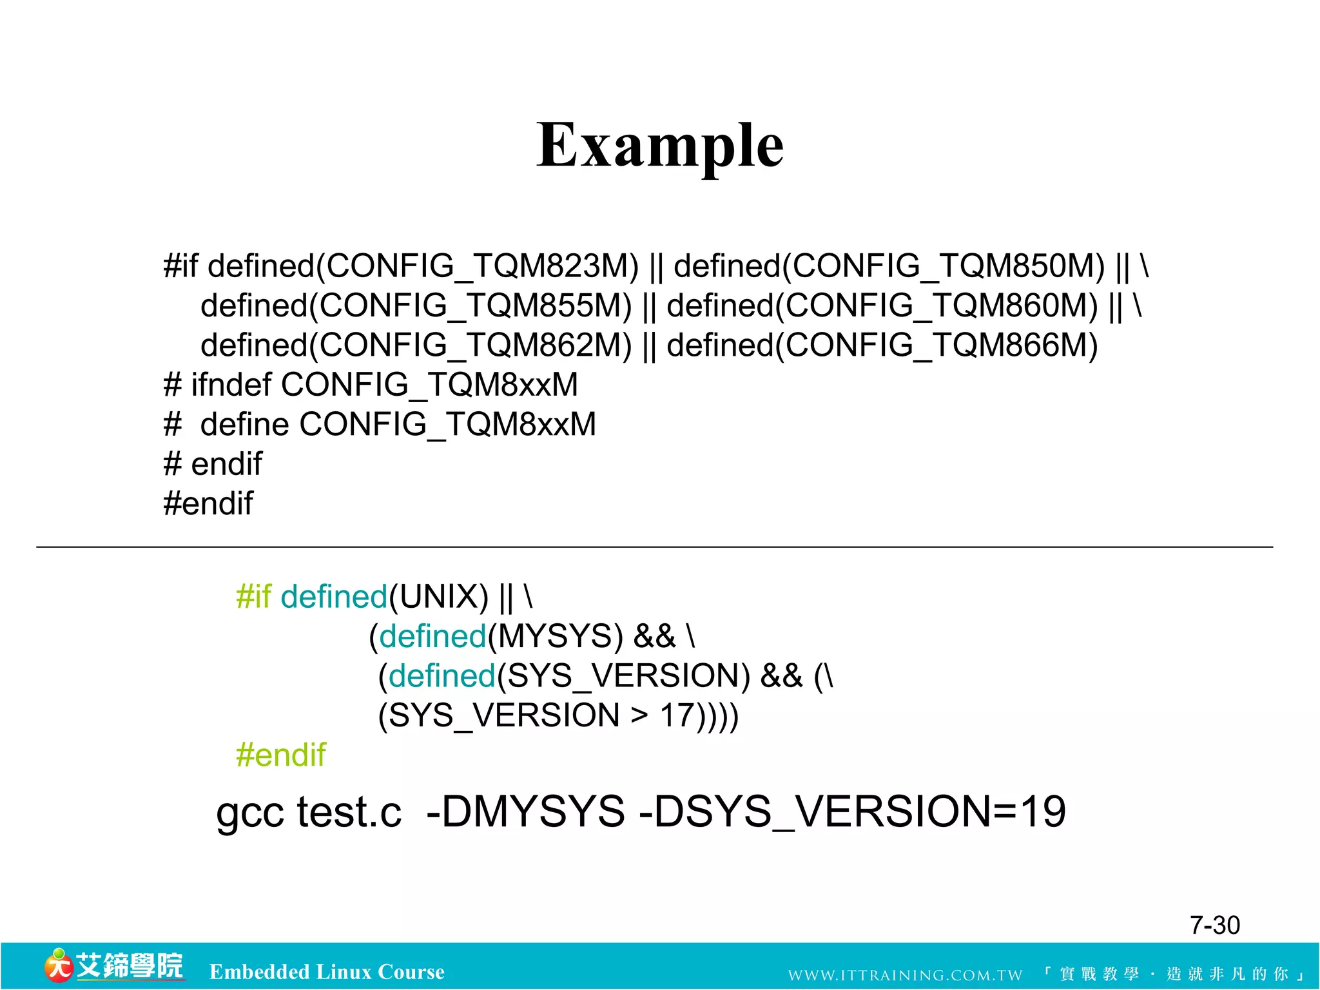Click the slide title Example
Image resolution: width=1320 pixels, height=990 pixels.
click(659, 146)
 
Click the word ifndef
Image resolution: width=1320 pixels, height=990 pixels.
click(231, 385)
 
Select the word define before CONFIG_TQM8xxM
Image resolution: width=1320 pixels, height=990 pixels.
click(245, 425)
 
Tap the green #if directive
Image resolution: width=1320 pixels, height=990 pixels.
click(253, 597)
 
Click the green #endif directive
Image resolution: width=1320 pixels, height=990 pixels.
click(281, 755)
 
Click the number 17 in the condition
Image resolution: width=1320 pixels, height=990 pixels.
click(677, 715)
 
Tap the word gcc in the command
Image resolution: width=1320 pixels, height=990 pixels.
click(250, 812)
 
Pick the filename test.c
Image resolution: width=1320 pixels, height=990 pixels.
click(349, 812)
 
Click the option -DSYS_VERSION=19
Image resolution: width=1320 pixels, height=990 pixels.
click(851, 812)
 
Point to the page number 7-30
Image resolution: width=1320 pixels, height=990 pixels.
click(1214, 926)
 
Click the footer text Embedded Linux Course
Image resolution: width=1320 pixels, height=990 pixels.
click(327, 972)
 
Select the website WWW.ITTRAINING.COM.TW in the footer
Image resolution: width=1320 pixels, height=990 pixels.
click(905, 975)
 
